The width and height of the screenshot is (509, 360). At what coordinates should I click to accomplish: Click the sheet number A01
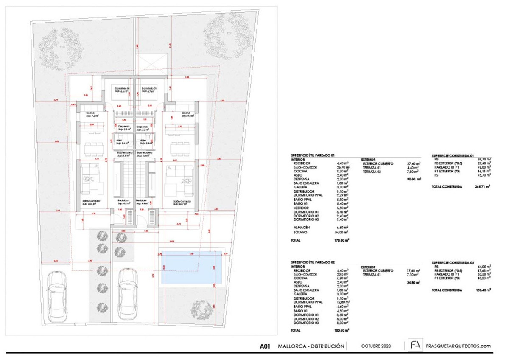tap(265, 346)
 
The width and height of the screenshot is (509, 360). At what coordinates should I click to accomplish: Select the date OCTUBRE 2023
tap(377, 346)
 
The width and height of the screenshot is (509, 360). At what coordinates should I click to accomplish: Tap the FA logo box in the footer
tap(414, 345)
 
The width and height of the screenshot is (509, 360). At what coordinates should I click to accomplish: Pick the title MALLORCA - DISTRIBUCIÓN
tap(311, 346)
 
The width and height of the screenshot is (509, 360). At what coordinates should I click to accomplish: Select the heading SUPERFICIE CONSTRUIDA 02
tap(453, 263)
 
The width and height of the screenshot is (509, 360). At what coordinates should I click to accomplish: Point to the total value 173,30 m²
tap(341, 240)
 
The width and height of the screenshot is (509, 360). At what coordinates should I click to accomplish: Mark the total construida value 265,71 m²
tap(483, 186)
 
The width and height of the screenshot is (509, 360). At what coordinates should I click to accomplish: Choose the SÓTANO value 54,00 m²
tap(341, 233)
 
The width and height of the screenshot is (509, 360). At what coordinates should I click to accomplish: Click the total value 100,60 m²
tap(341, 330)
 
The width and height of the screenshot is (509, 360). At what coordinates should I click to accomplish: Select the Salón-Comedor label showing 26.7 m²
tap(181, 203)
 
